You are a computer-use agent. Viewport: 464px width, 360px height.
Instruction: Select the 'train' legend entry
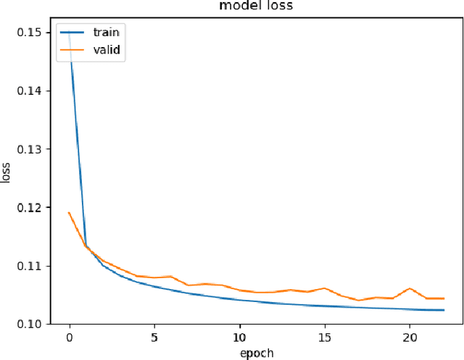point(107,32)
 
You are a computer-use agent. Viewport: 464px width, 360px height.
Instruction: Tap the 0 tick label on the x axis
point(70,338)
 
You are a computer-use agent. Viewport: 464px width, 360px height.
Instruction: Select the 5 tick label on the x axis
point(154,338)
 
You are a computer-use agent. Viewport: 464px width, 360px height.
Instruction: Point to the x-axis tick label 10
point(239,338)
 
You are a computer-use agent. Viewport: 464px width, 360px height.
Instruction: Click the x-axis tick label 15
point(324,338)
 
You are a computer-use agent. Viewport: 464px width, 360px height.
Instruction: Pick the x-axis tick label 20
point(409,338)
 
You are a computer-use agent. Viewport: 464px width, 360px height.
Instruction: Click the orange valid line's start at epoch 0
point(70,213)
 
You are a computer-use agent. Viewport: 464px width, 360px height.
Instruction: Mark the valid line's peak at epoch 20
point(410,288)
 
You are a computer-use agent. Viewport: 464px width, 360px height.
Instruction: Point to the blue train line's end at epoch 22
point(443,310)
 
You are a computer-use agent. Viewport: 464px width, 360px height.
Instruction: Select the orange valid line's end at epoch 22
point(443,298)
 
